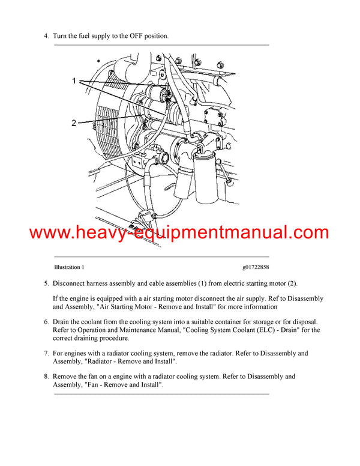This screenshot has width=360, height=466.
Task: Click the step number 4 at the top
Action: point(46,36)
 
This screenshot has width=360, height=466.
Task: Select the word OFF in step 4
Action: point(128,36)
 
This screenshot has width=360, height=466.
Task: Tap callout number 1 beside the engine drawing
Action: point(75,80)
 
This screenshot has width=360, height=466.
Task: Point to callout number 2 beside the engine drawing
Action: point(74,123)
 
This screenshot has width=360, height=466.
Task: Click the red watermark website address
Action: point(179,233)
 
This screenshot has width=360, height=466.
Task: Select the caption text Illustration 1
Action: point(69,267)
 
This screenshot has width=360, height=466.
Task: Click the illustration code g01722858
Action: point(256,267)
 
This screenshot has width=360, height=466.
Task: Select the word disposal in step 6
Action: point(303,322)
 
